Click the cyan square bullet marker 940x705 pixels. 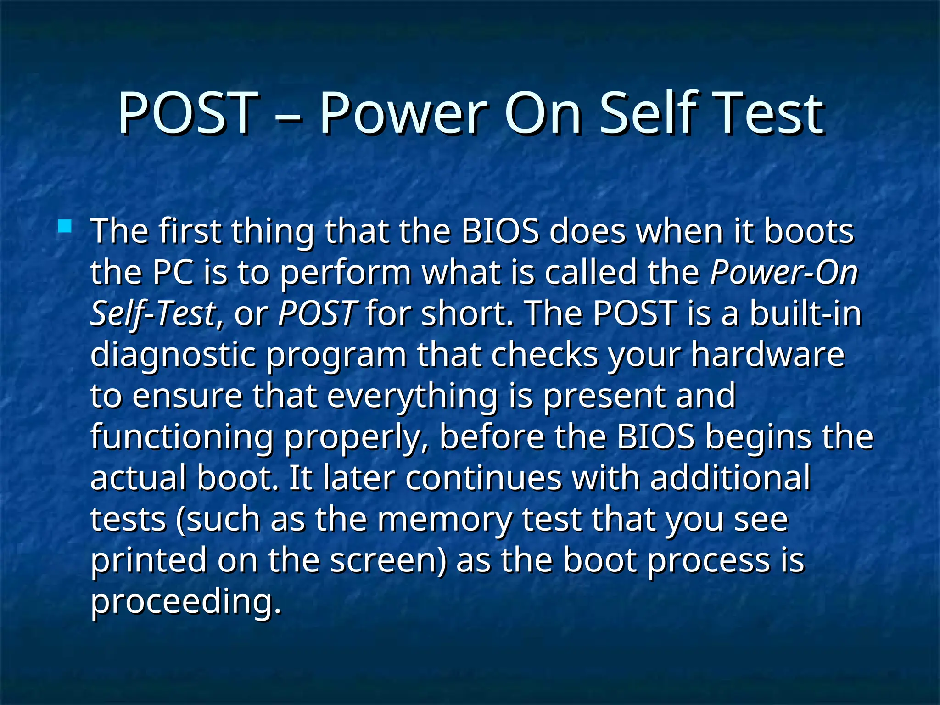65,226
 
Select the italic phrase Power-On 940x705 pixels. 783,273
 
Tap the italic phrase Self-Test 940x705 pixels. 152,314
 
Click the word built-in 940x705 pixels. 806,313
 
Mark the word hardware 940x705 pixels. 767,354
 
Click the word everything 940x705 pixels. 412,397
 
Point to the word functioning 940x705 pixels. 182,437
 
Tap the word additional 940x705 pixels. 730,478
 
